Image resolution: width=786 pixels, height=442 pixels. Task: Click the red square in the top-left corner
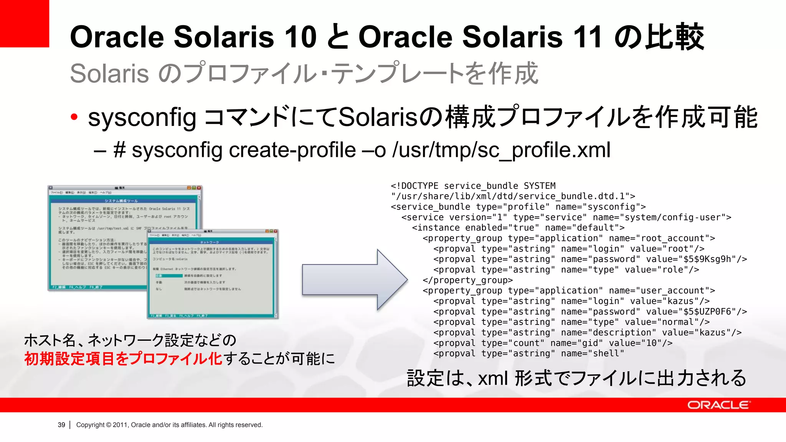(24, 23)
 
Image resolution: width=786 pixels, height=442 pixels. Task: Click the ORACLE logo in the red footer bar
(718, 405)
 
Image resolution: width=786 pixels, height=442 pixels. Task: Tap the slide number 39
(61, 425)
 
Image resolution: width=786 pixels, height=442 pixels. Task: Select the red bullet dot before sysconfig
(74, 117)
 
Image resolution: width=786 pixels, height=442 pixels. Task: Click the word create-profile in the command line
(292, 150)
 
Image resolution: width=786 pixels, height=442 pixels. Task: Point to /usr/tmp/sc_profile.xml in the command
(501, 150)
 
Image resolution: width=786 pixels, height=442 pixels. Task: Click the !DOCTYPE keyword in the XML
(417, 186)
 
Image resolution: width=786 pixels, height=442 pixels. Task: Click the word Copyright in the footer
(90, 425)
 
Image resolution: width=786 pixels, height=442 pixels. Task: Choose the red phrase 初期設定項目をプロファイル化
(123, 359)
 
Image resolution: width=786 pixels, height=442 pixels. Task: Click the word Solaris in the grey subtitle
(109, 73)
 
